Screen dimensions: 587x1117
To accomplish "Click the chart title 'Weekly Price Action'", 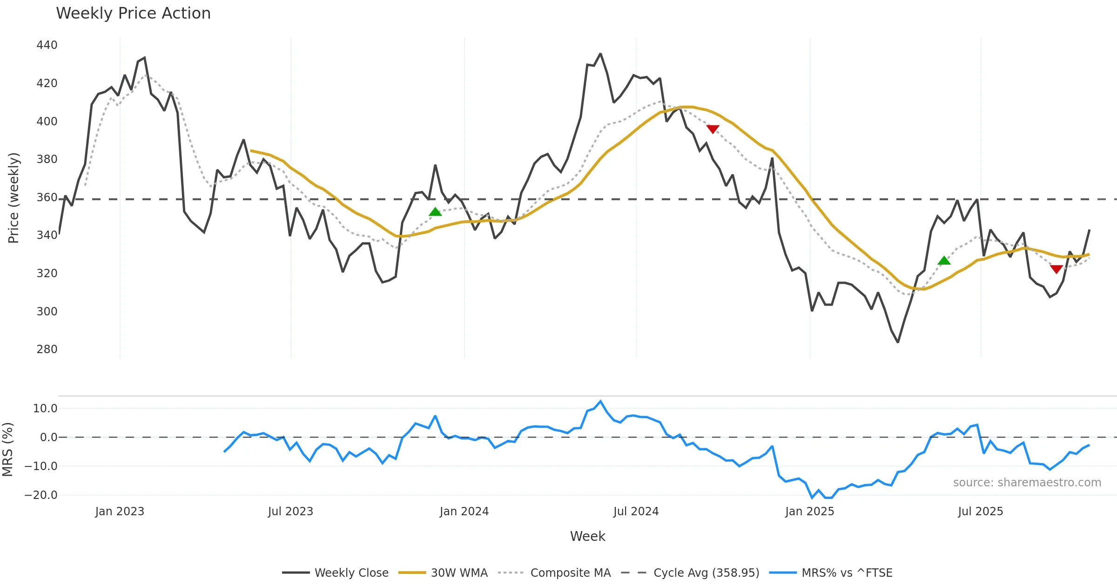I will point(133,14).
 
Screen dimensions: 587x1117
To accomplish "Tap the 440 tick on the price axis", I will point(47,45).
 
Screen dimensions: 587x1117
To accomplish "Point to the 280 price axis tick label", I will point(47,349).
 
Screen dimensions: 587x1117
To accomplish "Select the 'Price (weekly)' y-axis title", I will point(14,198).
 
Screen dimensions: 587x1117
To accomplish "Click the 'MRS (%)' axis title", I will point(8,449).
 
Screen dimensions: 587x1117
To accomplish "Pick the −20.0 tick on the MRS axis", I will point(41,495).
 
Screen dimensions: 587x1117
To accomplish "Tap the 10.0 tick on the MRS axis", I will point(45,409).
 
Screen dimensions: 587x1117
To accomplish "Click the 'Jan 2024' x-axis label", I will point(464,512).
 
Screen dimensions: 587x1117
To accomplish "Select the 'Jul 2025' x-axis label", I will point(980,512).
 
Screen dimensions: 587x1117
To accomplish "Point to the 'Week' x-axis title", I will point(587,536).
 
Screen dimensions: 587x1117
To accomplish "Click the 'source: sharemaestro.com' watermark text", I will point(1027,483).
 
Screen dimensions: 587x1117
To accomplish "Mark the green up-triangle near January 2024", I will point(435,212).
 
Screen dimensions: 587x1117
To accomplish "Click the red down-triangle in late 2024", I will point(713,129).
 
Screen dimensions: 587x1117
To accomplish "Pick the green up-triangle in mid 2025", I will point(944,261).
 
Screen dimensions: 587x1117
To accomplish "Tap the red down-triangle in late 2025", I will point(1056,269).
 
